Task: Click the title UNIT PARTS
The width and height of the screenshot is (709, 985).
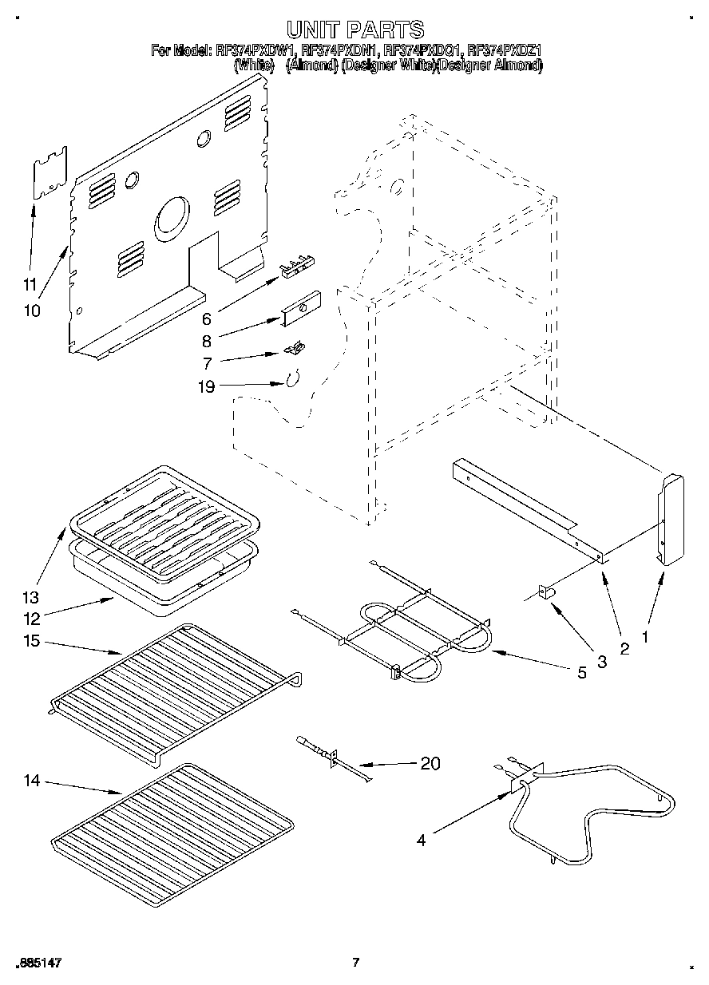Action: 355,30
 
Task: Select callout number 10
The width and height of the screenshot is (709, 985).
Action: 32,311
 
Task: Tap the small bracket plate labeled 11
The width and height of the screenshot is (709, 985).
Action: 49,172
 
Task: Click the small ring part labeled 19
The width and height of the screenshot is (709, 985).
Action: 292,378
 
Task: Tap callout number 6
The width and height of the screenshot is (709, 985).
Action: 206,318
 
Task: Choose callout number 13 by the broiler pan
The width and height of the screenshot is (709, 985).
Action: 30,597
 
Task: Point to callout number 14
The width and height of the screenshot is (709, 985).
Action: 31,781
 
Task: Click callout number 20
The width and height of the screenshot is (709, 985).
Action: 430,763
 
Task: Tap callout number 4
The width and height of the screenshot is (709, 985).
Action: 421,839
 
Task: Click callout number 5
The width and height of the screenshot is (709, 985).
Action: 581,673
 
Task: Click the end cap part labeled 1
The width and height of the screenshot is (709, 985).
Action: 671,519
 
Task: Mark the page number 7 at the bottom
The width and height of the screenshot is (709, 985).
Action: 356,963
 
